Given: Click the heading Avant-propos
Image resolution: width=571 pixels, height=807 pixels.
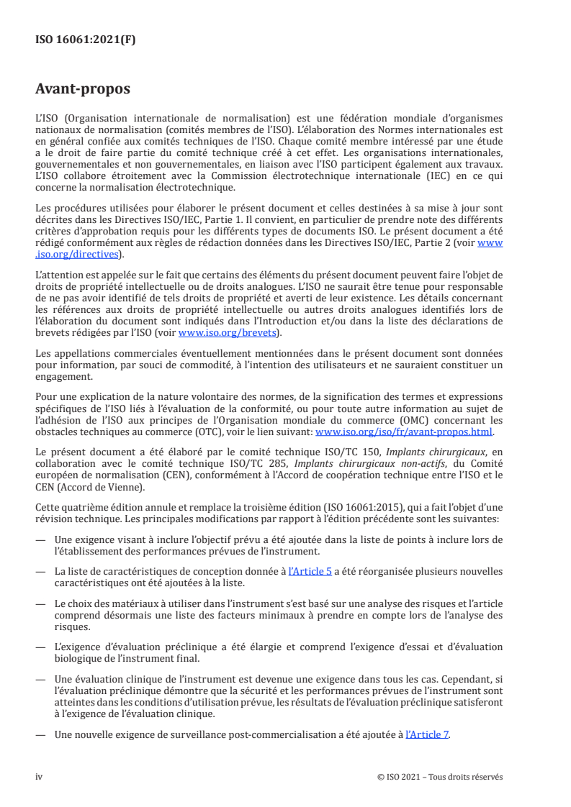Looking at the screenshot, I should (x=83, y=89).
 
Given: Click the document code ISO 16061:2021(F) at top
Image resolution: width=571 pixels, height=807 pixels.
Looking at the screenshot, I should (x=85, y=40).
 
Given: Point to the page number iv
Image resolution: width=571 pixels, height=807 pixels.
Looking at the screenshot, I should (x=40, y=777).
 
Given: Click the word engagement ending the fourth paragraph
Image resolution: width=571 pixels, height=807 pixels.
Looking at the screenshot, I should (x=63, y=375).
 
